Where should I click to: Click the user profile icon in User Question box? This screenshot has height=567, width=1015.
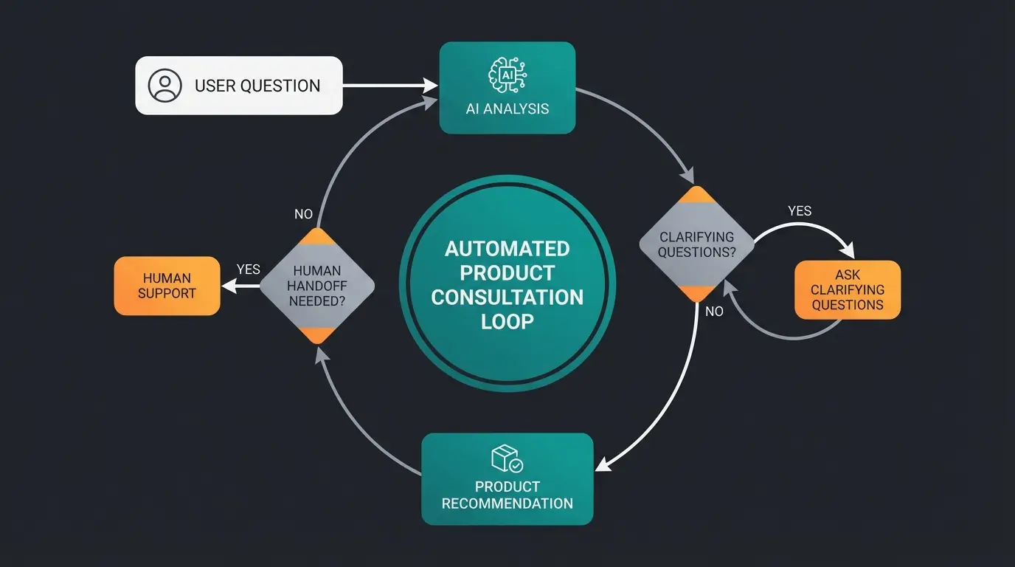click(x=164, y=86)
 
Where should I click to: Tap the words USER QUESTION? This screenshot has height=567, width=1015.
click(x=257, y=86)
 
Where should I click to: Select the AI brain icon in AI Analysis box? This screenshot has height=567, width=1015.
click(x=507, y=75)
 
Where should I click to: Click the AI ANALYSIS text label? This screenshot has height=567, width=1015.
click(x=507, y=109)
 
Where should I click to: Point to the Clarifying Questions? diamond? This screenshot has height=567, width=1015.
click(x=696, y=244)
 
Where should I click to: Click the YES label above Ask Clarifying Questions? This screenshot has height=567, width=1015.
click(x=800, y=211)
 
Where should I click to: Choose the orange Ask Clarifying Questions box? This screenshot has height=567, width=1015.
click(x=848, y=289)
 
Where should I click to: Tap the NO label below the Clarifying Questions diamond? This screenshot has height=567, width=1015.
click(x=714, y=312)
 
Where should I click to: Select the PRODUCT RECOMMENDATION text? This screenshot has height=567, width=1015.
click(x=507, y=495)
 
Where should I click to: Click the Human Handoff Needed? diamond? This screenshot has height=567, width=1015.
click(x=317, y=286)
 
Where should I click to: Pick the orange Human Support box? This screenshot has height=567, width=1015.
click(x=167, y=286)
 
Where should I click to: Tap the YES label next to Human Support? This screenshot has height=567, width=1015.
click(x=248, y=269)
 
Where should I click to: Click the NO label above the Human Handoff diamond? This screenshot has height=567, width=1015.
click(x=303, y=214)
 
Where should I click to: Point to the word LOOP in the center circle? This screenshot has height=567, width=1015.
click(x=507, y=322)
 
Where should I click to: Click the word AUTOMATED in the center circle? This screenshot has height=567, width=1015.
click(x=507, y=248)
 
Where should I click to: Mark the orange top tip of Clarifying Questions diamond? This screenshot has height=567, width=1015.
click(x=696, y=193)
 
